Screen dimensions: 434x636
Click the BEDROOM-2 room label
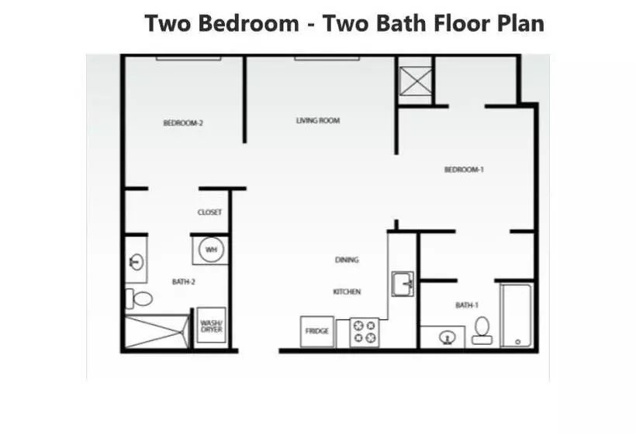click(183, 122)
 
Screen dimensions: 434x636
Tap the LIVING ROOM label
click(318, 120)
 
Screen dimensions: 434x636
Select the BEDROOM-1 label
click(464, 170)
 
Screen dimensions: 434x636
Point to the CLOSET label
click(209, 212)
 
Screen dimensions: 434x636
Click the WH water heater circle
click(211, 250)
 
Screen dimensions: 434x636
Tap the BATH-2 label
click(183, 282)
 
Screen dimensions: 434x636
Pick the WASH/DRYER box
click(211, 326)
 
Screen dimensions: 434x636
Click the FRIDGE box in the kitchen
click(317, 332)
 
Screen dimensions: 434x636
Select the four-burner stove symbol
click(365, 332)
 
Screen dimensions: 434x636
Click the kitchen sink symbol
click(402, 284)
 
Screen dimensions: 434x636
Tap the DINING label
click(347, 260)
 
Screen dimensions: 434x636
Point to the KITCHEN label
click(347, 291)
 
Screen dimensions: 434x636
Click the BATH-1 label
click(465, 305)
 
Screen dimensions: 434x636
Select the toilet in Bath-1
click(482, 330)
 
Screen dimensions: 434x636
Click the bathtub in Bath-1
click(516, 315)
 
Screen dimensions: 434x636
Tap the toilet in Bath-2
click(140, 298)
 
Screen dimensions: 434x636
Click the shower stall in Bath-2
click(157, 331)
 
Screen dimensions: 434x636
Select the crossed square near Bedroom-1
click(416, 81)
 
